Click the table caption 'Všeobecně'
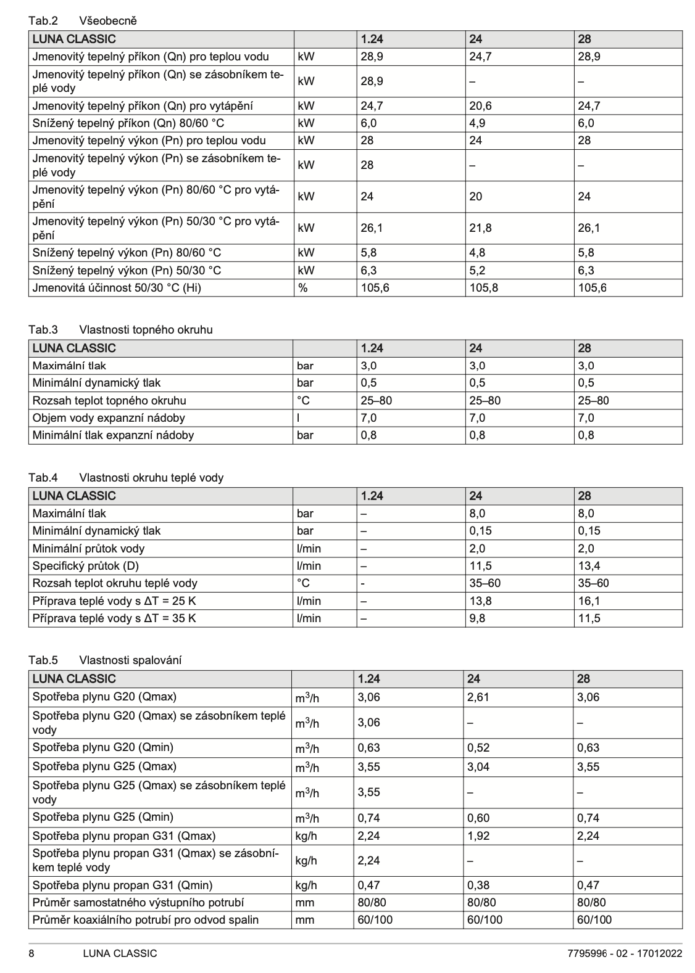click(108, 21)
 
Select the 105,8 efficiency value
click(483, 287)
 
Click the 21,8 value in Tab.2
click(480, 228)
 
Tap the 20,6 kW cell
click(480, 106)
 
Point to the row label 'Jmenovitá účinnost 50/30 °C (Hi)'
click(117, 287)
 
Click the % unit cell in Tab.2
click(302, 287)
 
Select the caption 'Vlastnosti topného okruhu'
click(146, 330)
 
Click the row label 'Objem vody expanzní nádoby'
click(109, 417)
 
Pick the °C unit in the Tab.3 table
click(303, 400)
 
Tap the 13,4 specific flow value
click(588, 565)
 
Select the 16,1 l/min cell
click(588, 601)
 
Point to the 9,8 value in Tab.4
click(477, 618)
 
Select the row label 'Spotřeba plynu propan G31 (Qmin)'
click(122, 885)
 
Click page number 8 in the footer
click(32, 953)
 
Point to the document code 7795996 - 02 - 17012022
click(625, 953)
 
